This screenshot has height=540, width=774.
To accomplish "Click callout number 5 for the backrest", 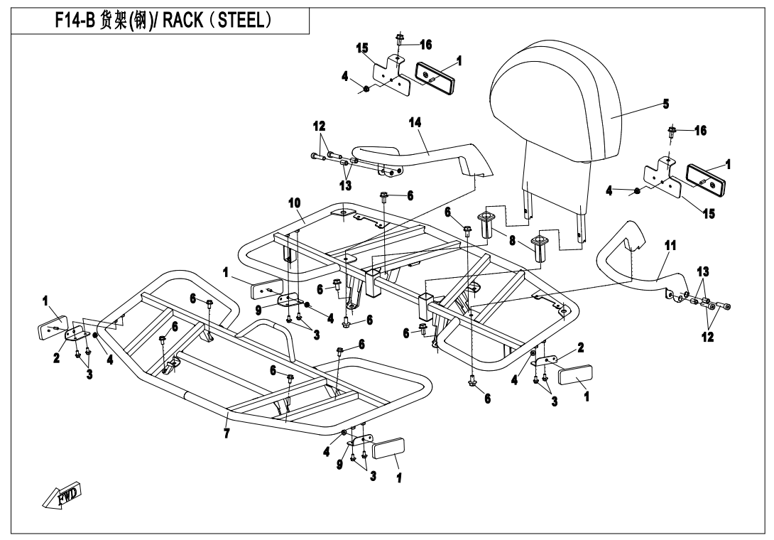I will (x=665, y=104).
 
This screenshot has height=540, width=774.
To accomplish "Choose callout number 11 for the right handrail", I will (x=670, y=246).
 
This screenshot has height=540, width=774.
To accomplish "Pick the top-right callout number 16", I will (x=701, y=130).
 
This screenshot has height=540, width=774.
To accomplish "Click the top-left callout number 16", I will (x=425, y=44).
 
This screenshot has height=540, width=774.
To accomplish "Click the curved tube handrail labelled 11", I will (x=639, y=274).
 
